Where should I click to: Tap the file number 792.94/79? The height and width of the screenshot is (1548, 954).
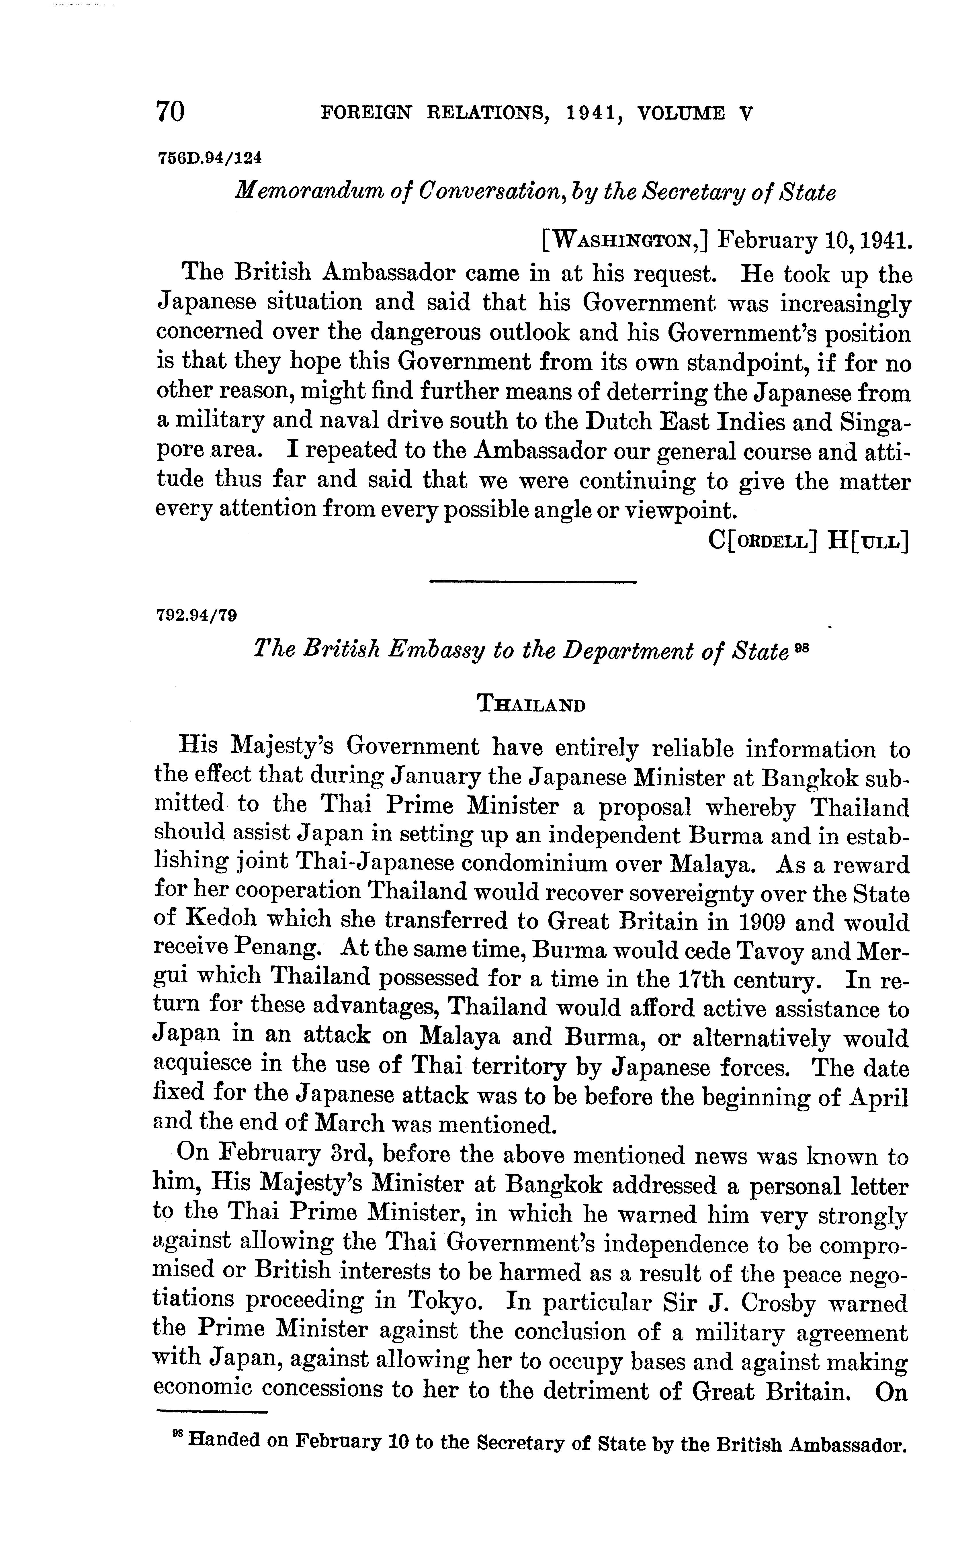point(196,614)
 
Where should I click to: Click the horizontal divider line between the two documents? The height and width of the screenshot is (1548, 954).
point(533,581)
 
